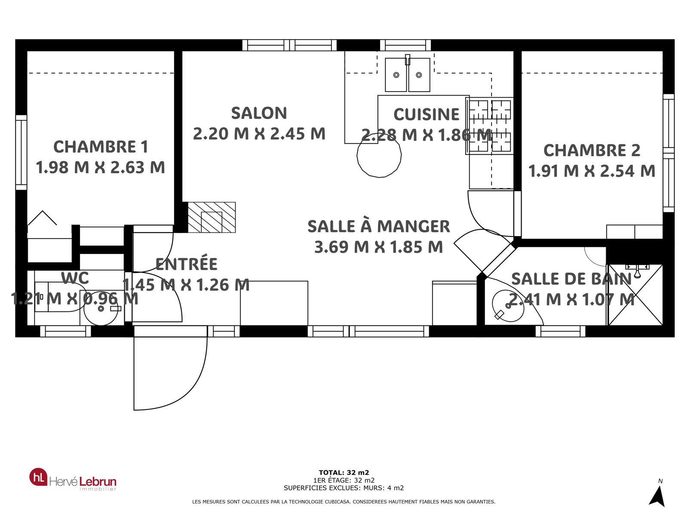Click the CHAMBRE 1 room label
101,147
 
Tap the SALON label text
259,113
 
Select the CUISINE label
426,114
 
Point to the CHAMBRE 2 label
592,150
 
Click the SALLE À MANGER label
379,226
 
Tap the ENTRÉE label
187,264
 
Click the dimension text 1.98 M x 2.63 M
100,167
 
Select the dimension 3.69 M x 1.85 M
379,247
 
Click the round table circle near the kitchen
379,155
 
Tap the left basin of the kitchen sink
396,75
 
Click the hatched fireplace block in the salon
212,218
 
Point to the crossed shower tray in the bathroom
636,295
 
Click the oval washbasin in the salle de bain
508,306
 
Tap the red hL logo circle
38,477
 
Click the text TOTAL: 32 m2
344,473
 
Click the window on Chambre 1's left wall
21,153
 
